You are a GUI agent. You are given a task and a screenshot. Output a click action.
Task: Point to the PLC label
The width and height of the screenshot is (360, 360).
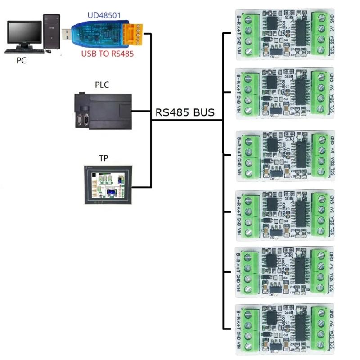coord(102,85)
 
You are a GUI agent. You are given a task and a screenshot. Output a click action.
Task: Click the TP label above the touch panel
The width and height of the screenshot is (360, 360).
coord(103,158)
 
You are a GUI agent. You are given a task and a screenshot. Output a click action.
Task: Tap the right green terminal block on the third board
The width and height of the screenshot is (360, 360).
coord(320,155)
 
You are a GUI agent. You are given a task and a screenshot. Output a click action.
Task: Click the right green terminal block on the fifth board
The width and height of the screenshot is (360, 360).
coord(320,271)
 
